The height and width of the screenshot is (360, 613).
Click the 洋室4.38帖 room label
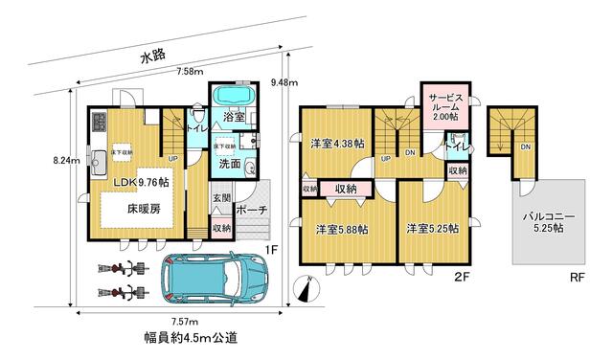[337, 144]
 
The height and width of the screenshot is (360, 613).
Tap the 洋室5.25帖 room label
[430, 229]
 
